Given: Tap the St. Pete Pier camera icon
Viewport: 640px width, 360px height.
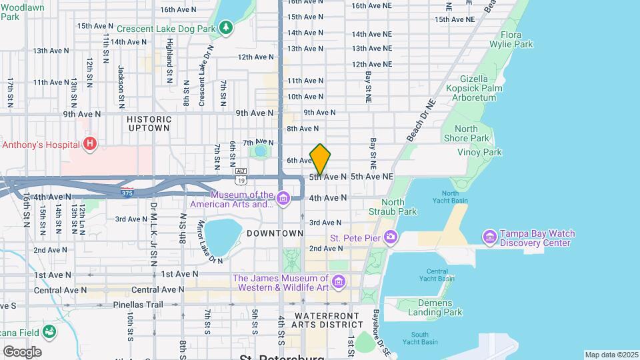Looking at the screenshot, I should click(391, 237).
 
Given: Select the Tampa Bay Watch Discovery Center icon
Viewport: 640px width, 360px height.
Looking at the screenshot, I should click(490, 237).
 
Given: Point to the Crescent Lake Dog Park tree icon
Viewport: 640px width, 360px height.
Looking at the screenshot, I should click(227, 27).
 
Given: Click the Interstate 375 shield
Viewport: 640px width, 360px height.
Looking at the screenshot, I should click(127, 193).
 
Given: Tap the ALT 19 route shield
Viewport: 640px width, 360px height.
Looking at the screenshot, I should click(241, 175).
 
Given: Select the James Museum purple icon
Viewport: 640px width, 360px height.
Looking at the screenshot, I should click(339, 282).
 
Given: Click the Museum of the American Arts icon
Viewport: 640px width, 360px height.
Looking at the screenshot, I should click(283, 198).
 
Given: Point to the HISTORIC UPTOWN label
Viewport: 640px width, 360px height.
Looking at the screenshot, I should click(149, 123).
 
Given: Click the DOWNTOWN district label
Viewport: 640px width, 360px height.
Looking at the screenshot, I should click(275, 233).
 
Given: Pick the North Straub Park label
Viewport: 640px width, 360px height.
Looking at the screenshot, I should click(399, 207).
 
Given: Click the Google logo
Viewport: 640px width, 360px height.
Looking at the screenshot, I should click(22, 351).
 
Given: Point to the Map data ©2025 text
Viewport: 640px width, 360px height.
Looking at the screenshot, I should click(611, 355).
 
